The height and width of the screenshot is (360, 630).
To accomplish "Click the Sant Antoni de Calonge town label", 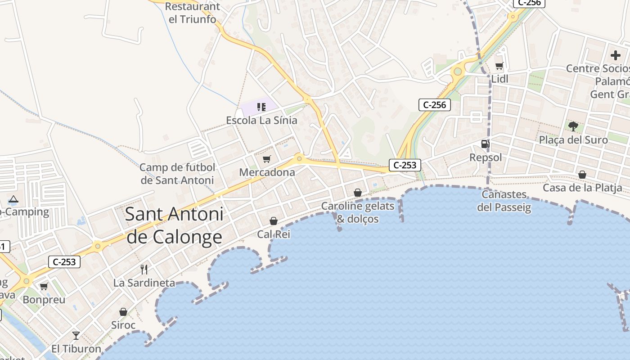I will tap(174, 225).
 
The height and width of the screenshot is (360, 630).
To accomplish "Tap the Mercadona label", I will tap(267, 172).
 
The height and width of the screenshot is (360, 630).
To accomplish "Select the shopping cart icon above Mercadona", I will tap(267, 159).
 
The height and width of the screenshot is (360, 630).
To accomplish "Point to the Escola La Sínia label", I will tap(261, 120).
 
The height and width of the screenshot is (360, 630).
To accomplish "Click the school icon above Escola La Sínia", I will tap(261, 107).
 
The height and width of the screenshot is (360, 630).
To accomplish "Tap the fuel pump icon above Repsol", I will tap(485, 144).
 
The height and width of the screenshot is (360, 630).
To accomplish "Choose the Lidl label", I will tap(499, 79).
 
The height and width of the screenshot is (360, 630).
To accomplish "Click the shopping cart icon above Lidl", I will tap(499, 66).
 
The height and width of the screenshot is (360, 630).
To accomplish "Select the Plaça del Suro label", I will tap(573, 140).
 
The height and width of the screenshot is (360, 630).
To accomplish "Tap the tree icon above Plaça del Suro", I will tap(573, 126).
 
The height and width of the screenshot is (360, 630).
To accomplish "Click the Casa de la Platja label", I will tap(582, 188).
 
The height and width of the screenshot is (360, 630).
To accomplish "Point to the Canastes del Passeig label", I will tap(504, 201).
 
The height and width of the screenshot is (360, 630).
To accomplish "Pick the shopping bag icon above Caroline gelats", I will tap(358, 193).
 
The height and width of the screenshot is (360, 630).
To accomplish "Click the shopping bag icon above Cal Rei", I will tap(274, 221).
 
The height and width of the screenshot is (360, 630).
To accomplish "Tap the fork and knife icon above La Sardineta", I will tap(144, 270).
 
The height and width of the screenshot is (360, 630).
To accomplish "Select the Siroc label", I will tap(123, 325).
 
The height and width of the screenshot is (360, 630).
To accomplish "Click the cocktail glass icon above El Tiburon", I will tap(76, 335).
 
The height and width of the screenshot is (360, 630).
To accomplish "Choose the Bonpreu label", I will tap(44, 300).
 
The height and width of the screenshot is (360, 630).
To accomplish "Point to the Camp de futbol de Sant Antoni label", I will tap(177, 174).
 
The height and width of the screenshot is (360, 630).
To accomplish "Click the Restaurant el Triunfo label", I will tap(192, 13).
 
